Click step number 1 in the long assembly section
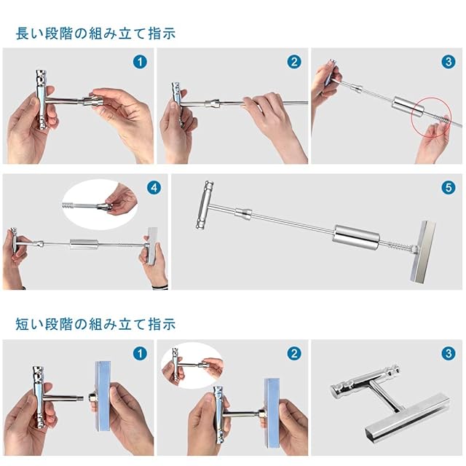point(140,62)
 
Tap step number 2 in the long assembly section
point(294,62)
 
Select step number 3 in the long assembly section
point(449,62)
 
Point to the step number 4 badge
point(154,188)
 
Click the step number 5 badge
point(449,188)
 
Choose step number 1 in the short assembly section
point(140,354)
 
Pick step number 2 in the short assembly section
point(294,354)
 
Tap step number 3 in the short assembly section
point(449,354)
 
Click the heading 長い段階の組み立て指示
point(95,33)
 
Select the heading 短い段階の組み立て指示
point(95,324)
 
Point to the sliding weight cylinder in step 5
point(356,237)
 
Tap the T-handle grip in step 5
point(205,205)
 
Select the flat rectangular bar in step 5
point(422,251)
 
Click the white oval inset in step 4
point(100,204)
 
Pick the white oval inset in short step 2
point(192,365)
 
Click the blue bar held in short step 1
point(103,396)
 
